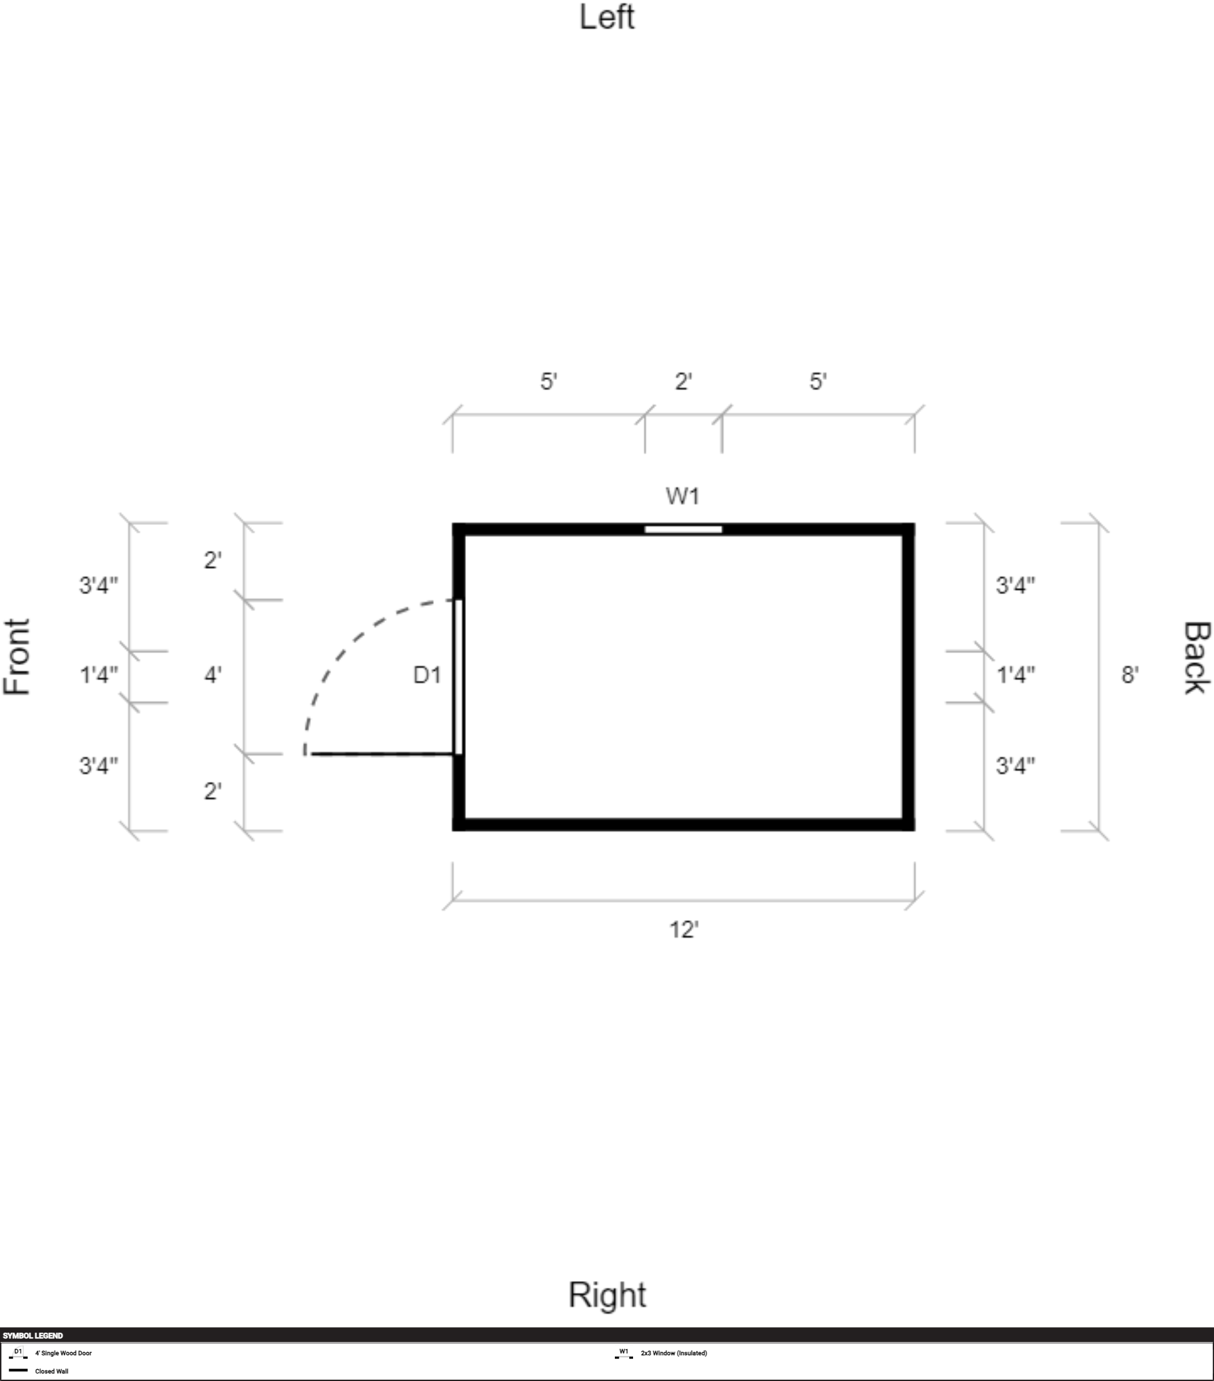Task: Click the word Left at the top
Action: (x=607, y=17)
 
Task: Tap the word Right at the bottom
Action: (x=607, y=1295)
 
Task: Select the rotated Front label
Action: (x=17, y=656)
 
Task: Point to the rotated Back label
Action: (x=1196, y=658)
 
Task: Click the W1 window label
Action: (x=682, y=496)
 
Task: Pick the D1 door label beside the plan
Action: (x=427, y=674)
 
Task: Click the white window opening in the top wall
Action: (x=683, y=529)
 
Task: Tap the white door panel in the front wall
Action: (x=458, y=676)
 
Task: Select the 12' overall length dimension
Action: (x=684, y=929)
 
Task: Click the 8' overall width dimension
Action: (x=1130, y=674)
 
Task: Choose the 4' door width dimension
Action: (x=213, y=674)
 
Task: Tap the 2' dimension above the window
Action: (x=684, y=381)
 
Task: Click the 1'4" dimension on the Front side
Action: (x=99, y=674)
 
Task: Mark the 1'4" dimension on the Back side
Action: (x=1016, y=674)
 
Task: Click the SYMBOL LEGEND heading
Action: (x=33, y=1335)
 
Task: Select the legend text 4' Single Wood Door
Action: (x=63, y=1353)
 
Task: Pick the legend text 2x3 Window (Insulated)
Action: (x=673, y=1353)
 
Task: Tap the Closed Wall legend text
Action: (x=51, y=1371)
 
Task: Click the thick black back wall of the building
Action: (x=909, y=676)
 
